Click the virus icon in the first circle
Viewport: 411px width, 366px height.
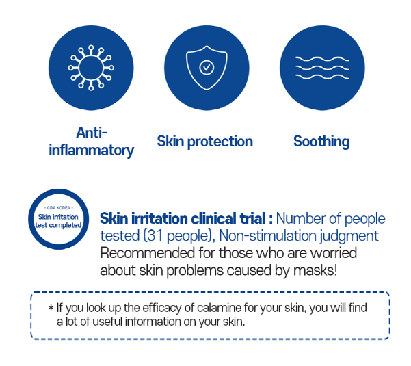tap(91, 68)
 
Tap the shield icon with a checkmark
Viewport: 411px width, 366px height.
tap(207, 68)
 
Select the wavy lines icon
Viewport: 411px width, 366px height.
tap(322, 68)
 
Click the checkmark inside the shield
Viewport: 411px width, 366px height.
tap(207, 67)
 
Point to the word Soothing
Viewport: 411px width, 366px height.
tap(321, 142)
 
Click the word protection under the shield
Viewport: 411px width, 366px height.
tap(220, 142)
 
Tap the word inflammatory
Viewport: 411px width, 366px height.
tap(91, 151)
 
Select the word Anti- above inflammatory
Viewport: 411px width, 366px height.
tap(92, 133)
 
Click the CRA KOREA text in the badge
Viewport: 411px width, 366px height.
tap(58, 208)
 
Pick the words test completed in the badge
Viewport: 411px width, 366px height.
tap(58, 225)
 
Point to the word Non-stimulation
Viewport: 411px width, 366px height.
tap(267, 235)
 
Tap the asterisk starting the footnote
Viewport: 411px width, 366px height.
tap(51, 307)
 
